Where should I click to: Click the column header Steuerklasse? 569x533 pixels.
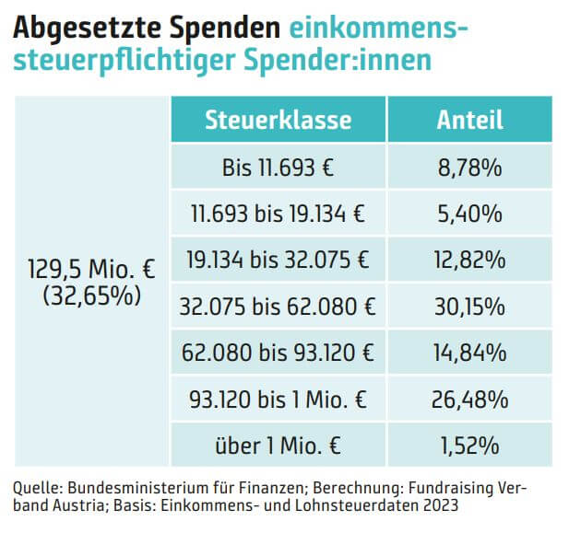pyautogui.click(x=278, y=120)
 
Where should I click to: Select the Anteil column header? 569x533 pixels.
pyautogui.click(x=469, y=120)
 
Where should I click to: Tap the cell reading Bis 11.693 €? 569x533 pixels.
pyautogui.click(x=278, y=167)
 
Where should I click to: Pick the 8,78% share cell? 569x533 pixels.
pyautogui.click(x=469, y=167)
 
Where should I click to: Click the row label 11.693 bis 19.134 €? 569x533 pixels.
pyautogui.click(x=278, y=214)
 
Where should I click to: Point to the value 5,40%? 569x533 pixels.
pyautogui.click(x=469, y=214)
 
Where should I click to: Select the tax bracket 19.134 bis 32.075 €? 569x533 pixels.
pyautogui.click(x=278, y=260)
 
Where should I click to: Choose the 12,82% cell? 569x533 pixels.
pyautogui.click(x=469, y=260)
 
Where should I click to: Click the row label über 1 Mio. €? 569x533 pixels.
pyautogui.click(x=278, y=446)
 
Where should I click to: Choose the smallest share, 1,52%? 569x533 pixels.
pyautogui.click(x=469, y=446)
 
